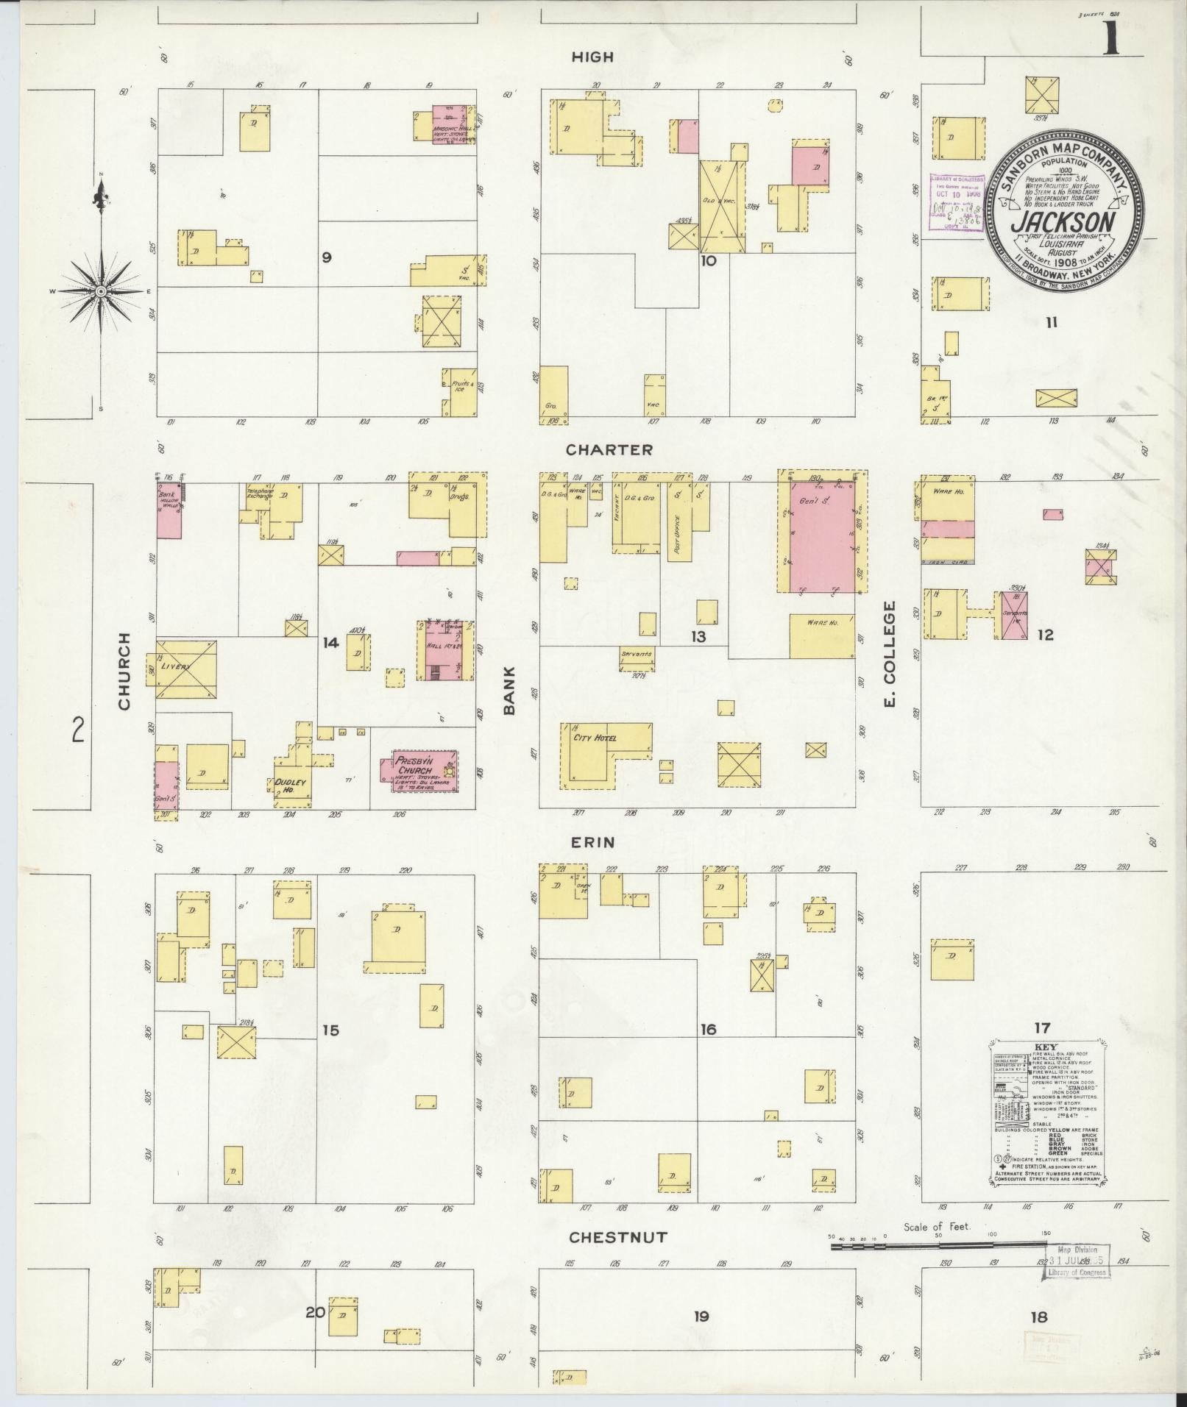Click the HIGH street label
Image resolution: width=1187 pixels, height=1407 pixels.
tap(592, 57)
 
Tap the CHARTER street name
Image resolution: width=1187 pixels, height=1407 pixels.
tap(609, 449)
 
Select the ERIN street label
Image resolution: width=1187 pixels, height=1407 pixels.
tap(592, 842)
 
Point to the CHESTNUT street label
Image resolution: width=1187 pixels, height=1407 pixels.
tap(618, 1238)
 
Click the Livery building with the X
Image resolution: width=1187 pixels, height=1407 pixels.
tap(185, 669)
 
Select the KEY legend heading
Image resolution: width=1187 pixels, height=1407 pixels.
tap(1046, 1047)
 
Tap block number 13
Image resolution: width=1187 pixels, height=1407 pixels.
tap(698, 636)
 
